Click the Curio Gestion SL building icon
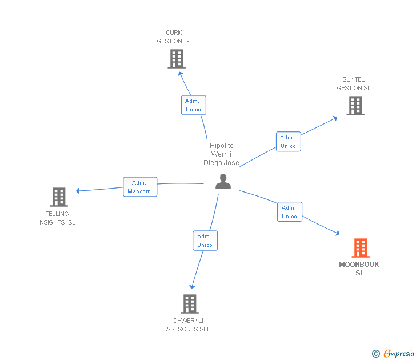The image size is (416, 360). [177, 59]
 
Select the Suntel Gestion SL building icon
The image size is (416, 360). [355, 106]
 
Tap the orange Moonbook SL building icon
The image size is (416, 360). [360, 248]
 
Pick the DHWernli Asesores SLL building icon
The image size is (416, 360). [190, 304]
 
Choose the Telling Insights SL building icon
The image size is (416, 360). [59, 197]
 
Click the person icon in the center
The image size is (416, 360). [223, 182]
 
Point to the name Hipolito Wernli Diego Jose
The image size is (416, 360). [222, 154]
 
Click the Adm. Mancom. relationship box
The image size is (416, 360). [140, 187]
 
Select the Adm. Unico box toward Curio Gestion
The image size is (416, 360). [193, 105]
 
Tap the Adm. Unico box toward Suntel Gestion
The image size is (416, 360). [288, 142]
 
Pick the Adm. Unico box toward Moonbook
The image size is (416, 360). [289, 212]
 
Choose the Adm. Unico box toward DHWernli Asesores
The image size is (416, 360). [205, 241]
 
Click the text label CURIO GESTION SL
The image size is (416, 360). [175, 37]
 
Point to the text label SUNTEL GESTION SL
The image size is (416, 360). [354, 84]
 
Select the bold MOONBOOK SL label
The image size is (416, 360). [359, 269]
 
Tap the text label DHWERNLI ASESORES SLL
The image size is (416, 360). [188, 325]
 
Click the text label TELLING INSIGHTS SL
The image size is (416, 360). [57, 218]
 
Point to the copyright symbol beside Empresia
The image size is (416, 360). [376, 354]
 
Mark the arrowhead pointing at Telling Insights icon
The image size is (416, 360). [79, 191]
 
